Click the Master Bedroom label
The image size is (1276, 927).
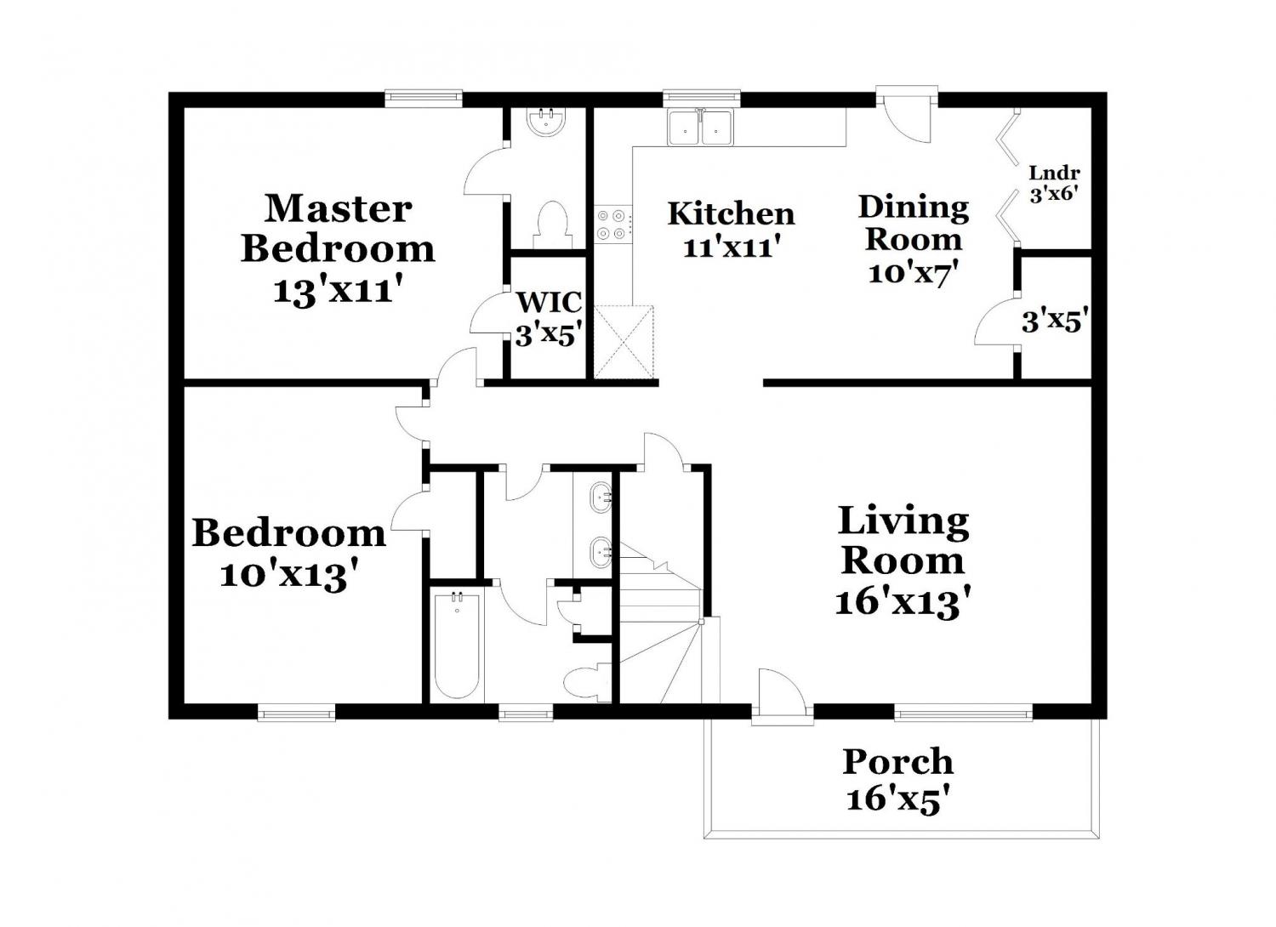tap(338, 229)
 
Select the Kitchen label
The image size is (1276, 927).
tap(732, 213)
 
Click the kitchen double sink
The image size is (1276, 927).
tap(701, 127)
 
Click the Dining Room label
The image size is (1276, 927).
tap(914, 223)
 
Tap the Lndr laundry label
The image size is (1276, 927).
tap(1055, 173)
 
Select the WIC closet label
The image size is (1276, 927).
tap(550, 302)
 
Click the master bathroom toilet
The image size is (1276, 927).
tap(551, 225)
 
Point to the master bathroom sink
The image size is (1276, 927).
tap(547, 122)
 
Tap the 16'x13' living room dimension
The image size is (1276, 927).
tap(903, 602)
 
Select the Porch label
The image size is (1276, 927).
tap(897, 761)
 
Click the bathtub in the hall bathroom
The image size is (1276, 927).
tap(456, 646)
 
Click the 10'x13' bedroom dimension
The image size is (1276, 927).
tap(290, 575)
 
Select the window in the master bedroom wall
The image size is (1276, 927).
tap(423, 99)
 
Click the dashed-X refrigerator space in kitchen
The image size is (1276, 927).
tap(623, 342)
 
